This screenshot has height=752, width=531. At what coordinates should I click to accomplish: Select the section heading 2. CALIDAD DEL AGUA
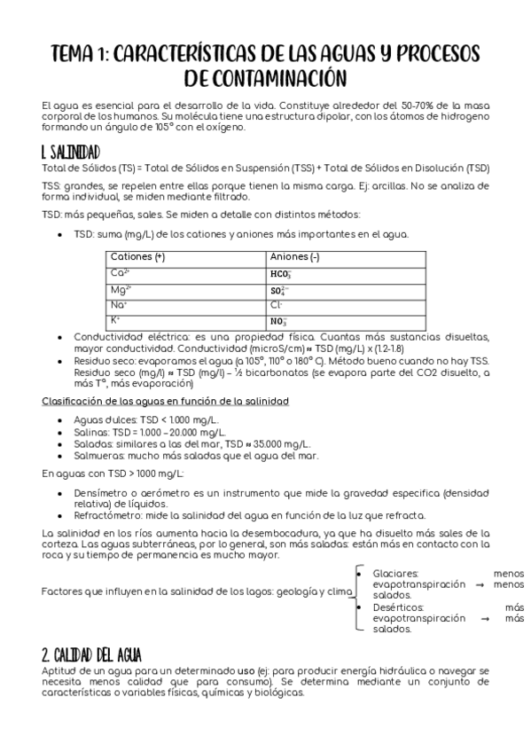[92, 654]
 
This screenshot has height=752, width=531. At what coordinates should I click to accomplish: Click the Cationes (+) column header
[137, 256]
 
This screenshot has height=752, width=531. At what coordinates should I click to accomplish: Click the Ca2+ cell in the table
[120, 272]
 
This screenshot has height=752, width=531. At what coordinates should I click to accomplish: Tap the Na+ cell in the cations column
[119, 304]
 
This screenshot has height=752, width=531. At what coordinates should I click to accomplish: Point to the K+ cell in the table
[115, 319]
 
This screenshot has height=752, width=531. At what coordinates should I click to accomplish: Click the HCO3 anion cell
[281, 273]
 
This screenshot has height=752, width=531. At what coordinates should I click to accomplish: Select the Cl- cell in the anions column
[277, 304]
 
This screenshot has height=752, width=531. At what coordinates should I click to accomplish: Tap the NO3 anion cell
[278, 320]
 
